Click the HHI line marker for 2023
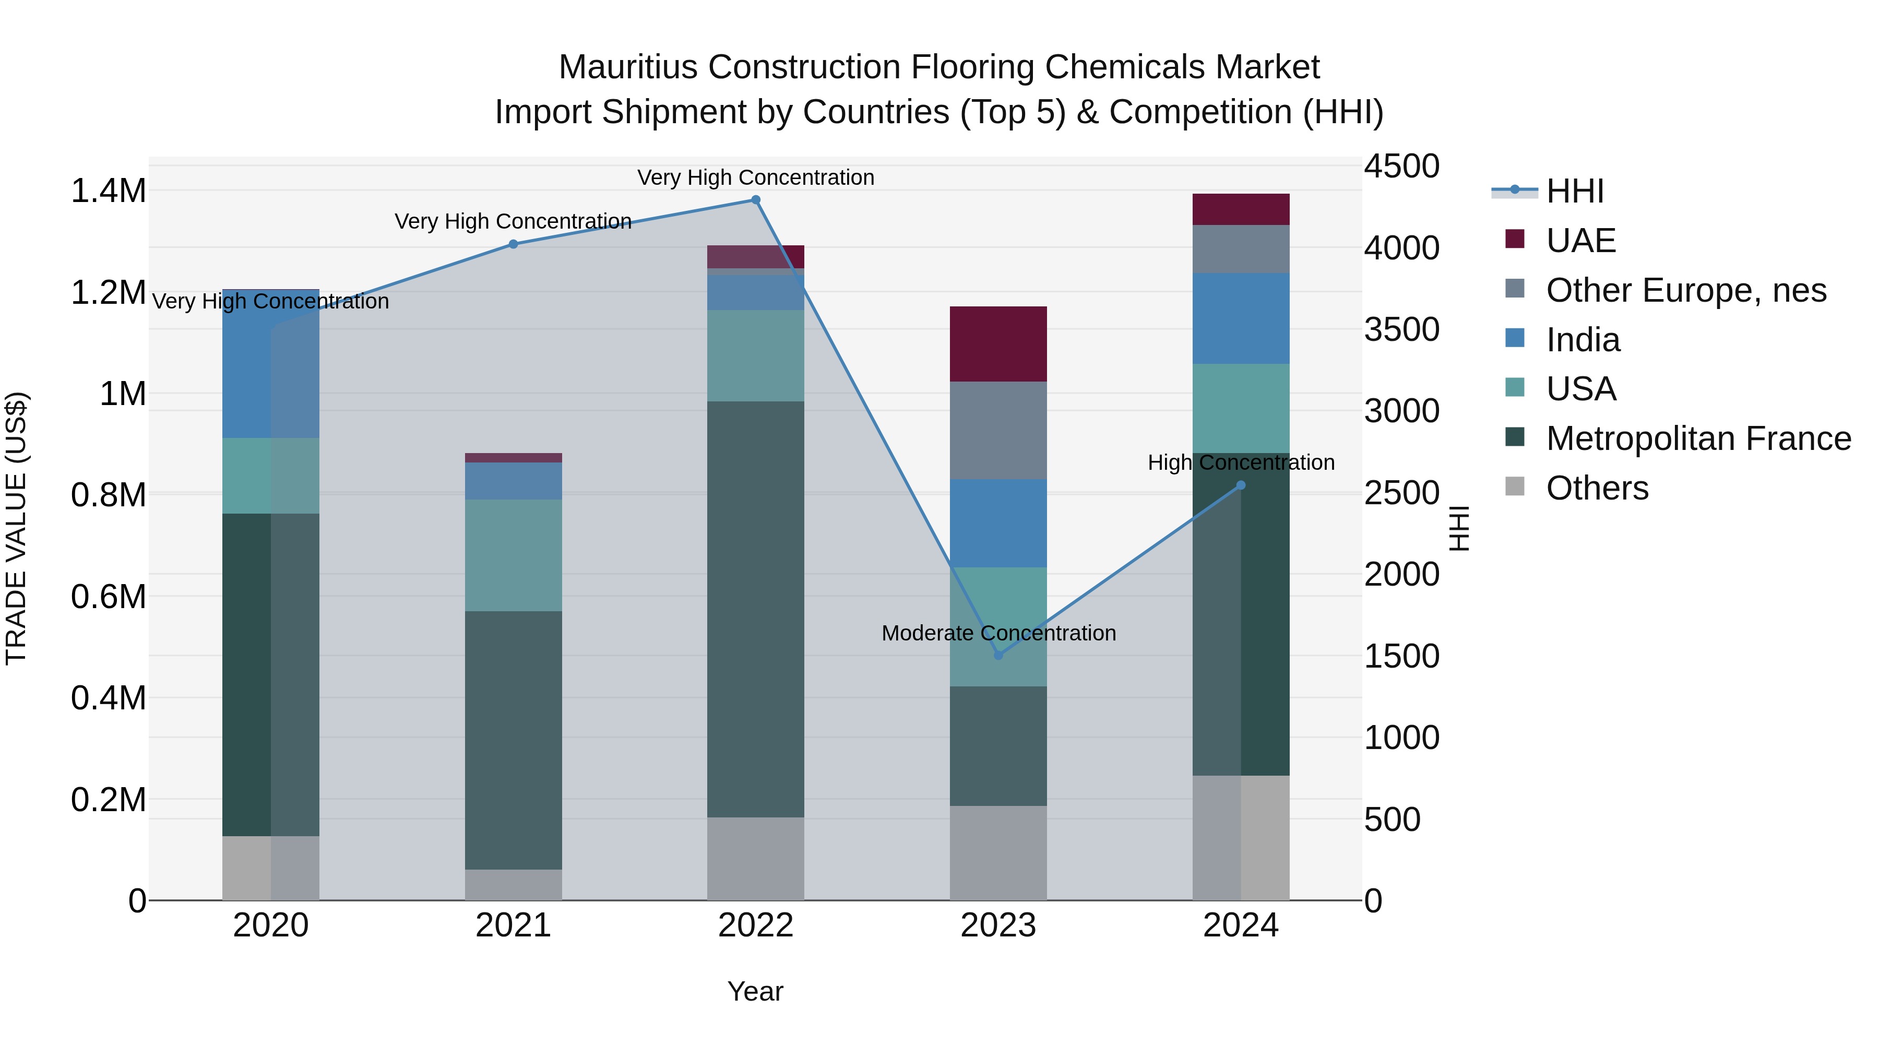(998, 655)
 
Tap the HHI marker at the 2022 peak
(756, 200)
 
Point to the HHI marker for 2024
(1241, 485)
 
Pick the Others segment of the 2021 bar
(514, 884)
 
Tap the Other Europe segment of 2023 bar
(998, 431)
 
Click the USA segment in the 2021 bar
(514, 555)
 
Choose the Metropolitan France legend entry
(1698, 438)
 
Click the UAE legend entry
(1580, 241)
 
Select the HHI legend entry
(1574, 191)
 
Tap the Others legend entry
(1597, 488)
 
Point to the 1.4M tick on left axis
(108, 191)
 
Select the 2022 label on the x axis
(756, 925)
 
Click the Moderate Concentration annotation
(998, 633)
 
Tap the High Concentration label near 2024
(1241, 462)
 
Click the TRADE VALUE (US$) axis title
(16, 528)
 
